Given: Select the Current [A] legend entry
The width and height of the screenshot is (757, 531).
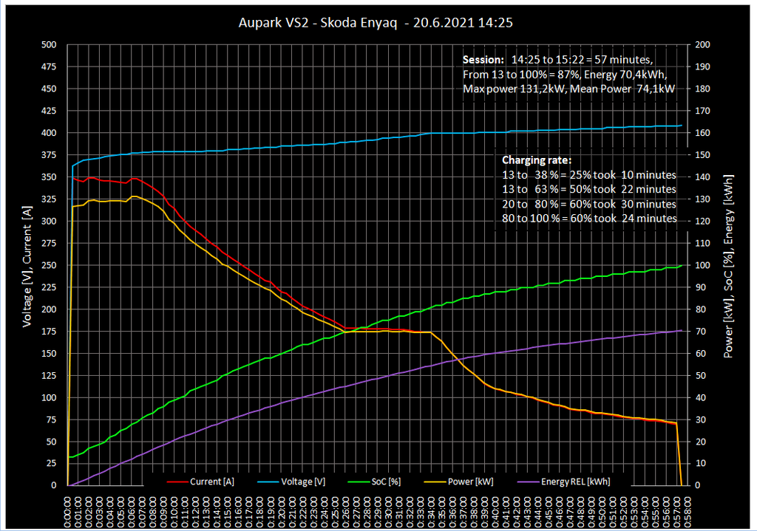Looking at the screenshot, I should click(x=211, y=482).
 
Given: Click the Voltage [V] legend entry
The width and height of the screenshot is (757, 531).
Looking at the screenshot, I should click(x=303, y=482).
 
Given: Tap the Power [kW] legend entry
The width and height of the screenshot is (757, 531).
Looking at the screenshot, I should click(x=473, y=482).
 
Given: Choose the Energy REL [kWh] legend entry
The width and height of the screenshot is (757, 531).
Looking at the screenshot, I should click(x=575, y=482).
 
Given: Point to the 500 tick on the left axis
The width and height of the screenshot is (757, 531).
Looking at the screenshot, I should click(x=48, y=45).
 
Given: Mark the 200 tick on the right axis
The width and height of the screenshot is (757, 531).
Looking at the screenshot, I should click(x=704, y=45).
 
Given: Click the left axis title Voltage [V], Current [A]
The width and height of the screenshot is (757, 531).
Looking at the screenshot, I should click(x=27, y=266).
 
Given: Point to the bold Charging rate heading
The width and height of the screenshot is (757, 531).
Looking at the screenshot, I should click(x=536, y=160).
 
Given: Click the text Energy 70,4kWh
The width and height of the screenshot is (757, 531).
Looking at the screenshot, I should click(x=628, y=75).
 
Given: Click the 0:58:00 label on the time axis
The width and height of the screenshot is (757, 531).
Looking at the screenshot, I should click(x=689, y=510).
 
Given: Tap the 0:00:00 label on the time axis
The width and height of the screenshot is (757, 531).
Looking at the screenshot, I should click(x=67, y=510).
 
